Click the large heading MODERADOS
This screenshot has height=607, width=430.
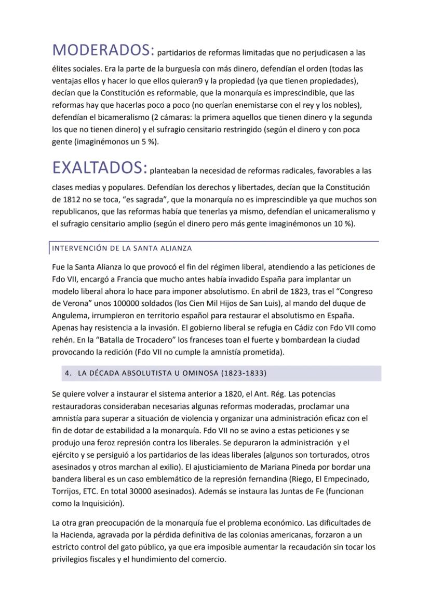point(103,50)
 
